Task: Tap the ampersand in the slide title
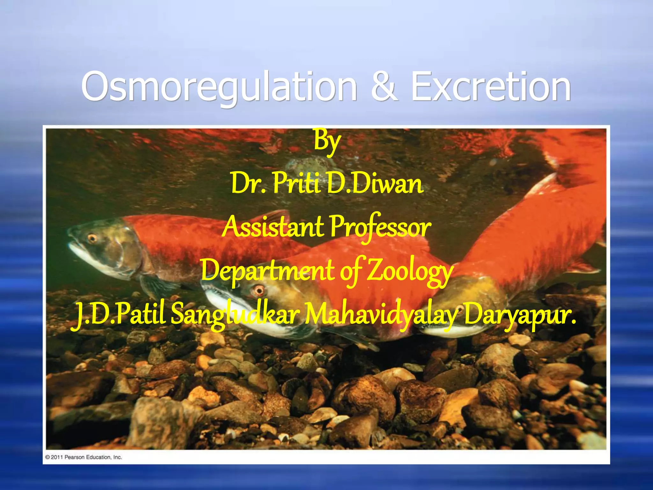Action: pos(385,87)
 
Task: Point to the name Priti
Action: pos(297,184)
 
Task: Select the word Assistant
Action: pos(273,227)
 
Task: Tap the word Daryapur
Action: pos(520,314)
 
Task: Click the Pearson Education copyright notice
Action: pos(84,457)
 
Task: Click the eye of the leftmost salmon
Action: pos(92,238)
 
